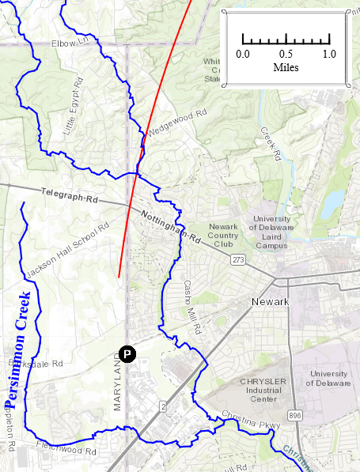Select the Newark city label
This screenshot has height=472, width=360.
coord(270,302)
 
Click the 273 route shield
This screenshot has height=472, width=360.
coord(238,259)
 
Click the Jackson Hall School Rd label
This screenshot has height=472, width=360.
coord(66,251)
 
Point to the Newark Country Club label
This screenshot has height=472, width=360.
coord(223,235)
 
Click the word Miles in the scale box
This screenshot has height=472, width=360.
coord(286,68)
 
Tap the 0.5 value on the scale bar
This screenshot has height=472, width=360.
coord(286,54)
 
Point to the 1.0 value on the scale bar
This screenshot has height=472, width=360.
coord(329,54)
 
